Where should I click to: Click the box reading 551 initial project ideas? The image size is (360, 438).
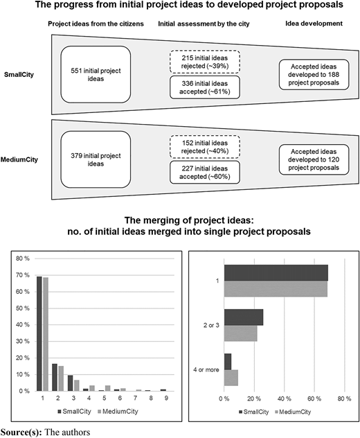click(x=96, y=75)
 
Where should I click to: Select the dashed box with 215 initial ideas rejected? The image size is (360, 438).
click(x=205, y=62)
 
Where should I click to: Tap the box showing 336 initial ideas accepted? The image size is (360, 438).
click(x=205, y=87)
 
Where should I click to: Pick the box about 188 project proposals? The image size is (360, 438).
click(x=314, y=75)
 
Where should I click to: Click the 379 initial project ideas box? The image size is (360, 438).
click(x=96, y=159)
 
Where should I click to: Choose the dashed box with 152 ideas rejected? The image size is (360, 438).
click(x=205, y=147)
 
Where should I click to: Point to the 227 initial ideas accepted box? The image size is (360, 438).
click(x=205, y=173)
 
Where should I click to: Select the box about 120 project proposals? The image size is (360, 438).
click(x=314, y=159)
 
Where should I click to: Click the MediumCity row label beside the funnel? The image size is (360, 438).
click(x=19, y=160)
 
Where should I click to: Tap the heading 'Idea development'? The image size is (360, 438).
click(x=314, y=24)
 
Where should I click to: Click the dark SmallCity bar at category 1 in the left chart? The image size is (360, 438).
click(x=39, y=334)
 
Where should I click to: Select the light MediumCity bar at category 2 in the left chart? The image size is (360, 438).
click(x=61, y=378)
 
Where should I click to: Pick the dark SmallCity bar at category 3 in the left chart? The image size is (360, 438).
click(x=71, y=383)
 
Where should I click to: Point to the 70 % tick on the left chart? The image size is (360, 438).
click(x=23, y=275)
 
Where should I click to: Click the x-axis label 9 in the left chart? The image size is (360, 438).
click(x=166, y=398)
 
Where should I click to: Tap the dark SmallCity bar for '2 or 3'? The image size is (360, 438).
click(x=244, y=317)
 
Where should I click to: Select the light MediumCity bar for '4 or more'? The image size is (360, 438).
click(x=231, y=378)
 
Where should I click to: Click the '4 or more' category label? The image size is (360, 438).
click(x=206, y=369)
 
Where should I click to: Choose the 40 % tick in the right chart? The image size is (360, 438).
click(x=285, y=398)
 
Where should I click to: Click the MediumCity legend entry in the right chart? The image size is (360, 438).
click(x=293, y=412)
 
